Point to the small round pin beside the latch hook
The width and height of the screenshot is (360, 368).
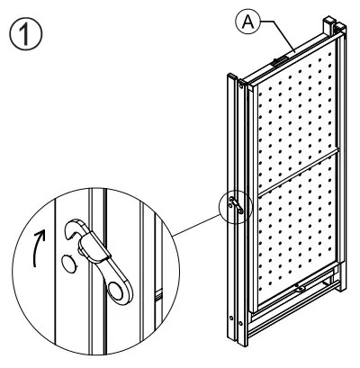67,264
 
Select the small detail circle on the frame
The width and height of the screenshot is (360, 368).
232,206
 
